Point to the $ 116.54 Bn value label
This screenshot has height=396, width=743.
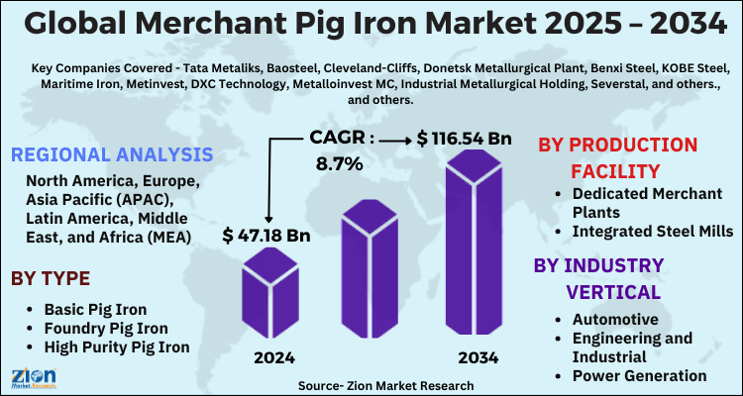tap(464, 138)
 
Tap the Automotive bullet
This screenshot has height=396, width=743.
tap(615, 319)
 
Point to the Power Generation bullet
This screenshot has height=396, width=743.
tap(640, 375)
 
